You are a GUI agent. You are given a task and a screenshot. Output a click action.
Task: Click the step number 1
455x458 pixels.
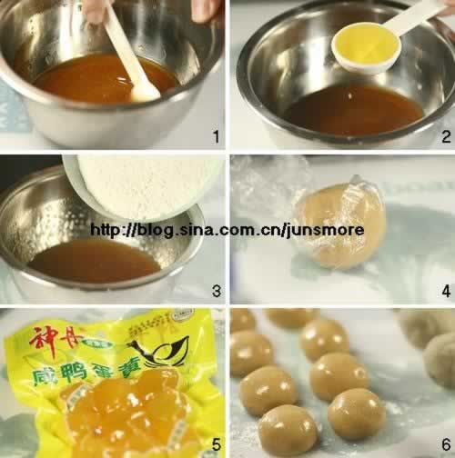[x=216, y=137]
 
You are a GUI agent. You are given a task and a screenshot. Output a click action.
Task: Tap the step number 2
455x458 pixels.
[x=446, y=137]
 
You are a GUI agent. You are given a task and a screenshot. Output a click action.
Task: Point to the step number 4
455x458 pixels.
[x=446, y=291]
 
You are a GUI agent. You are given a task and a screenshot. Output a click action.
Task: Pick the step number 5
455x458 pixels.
[x=216, y=446]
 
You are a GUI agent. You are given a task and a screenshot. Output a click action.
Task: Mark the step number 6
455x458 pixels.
[x=446, y=446]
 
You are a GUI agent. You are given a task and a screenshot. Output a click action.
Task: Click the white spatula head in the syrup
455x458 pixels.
[x=143, y=91]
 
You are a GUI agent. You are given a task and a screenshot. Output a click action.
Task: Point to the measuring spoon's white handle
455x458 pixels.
[x=420, y=15]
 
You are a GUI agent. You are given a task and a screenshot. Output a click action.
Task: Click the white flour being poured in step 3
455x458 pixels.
[x=146, y=186]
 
